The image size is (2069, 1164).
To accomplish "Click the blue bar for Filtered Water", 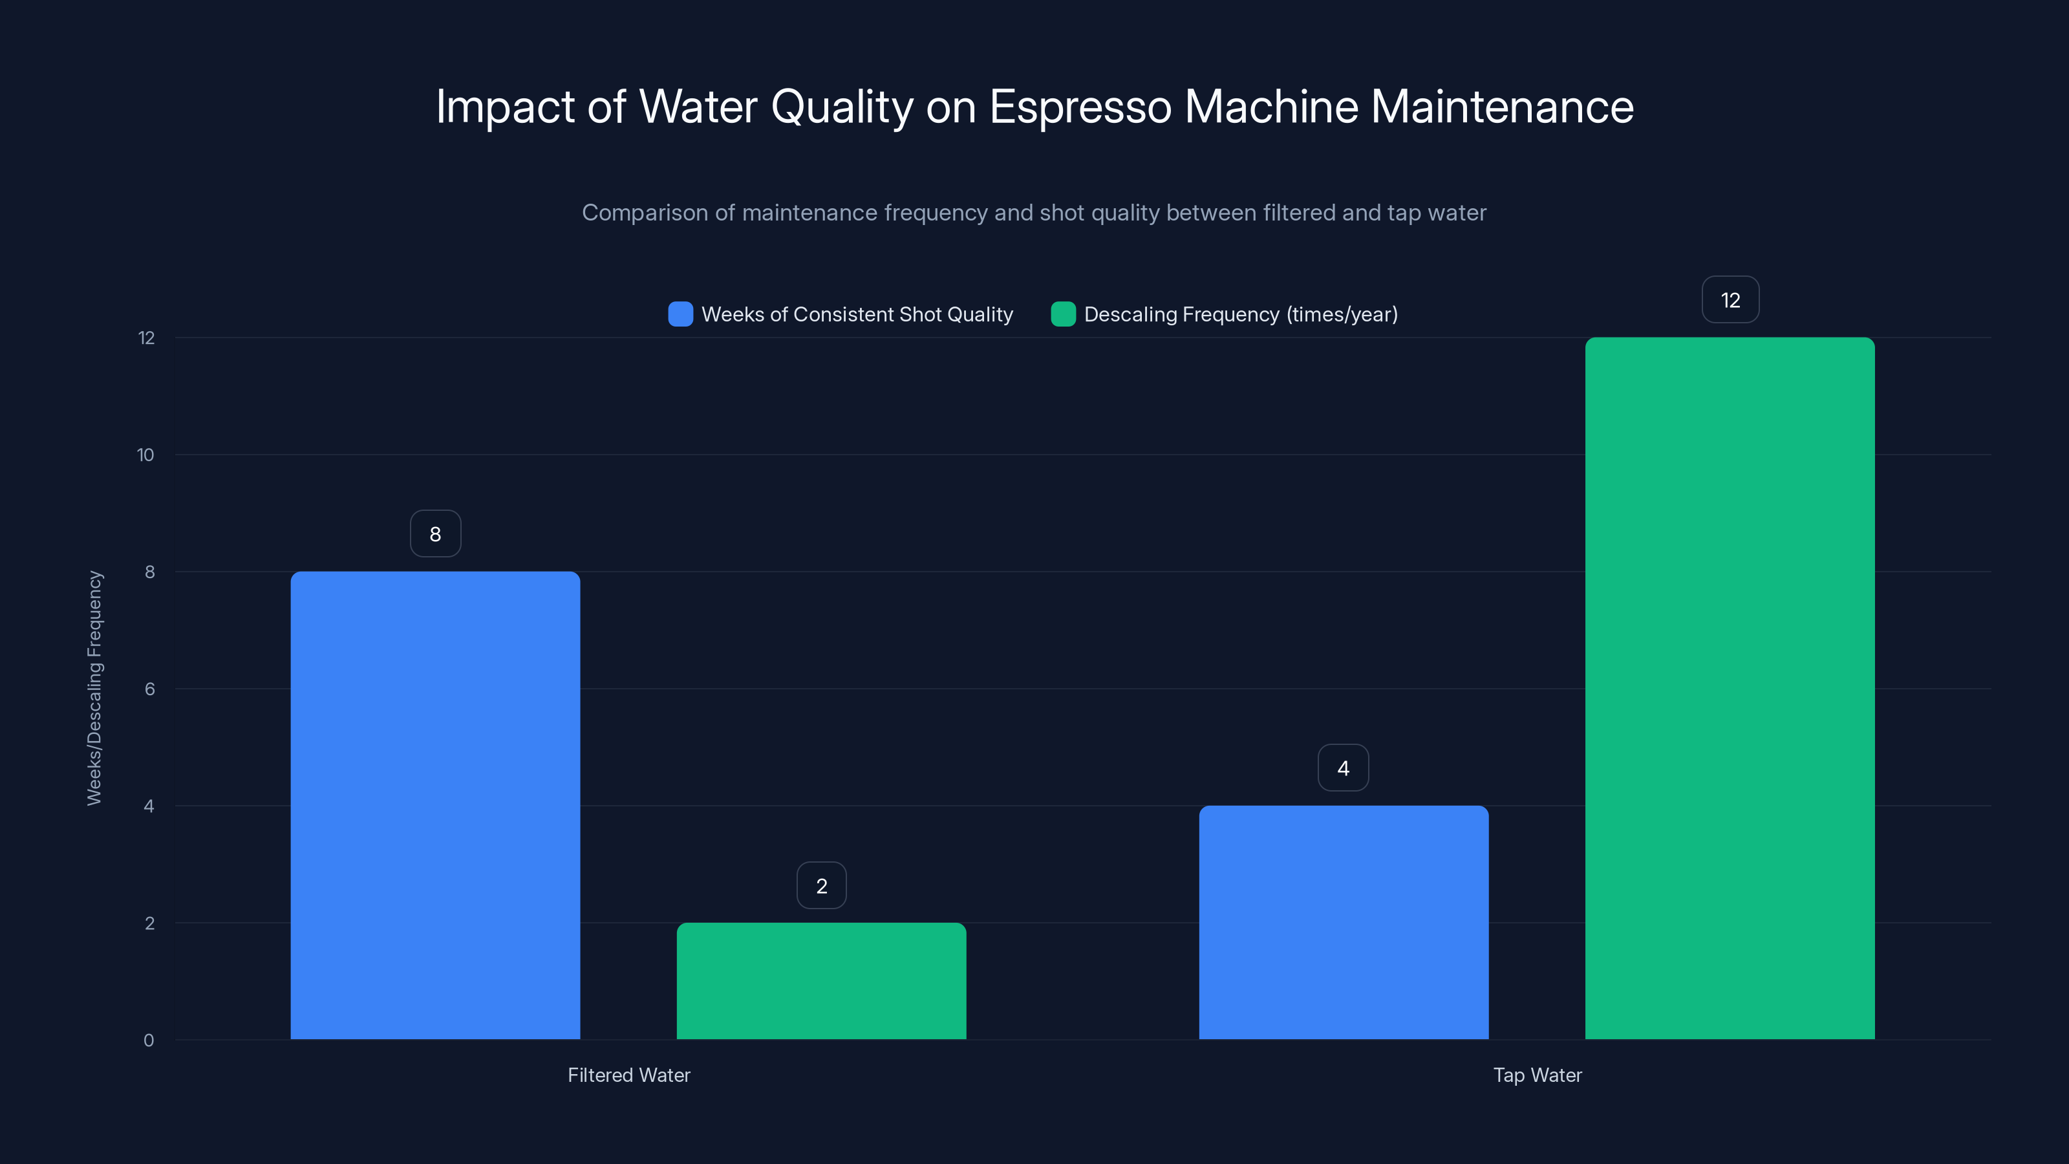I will [x=434, y=805].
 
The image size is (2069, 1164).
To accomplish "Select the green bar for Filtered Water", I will [x=821, y=981].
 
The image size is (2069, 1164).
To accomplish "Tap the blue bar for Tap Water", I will [x=1343, y=922].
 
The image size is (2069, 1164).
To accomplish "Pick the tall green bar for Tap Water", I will [x=1730, y=689].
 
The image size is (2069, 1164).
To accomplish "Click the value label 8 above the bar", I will [x=435, y=534].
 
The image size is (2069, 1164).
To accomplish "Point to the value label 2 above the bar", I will [x=821, y=886].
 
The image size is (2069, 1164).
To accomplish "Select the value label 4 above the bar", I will [x=1343, y=769].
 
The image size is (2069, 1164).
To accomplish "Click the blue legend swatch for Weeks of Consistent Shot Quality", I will [x=680, y=314].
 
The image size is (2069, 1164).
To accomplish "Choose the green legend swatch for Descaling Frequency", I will [x=1062, y=314].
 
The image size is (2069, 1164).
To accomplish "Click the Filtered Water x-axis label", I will [x=629, y=1075].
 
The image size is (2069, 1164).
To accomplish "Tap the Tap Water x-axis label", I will [x=1536, y=1075].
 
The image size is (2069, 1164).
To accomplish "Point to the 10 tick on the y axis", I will [x=145, y=455].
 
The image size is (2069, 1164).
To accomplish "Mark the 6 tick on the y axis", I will [x=149, y=689].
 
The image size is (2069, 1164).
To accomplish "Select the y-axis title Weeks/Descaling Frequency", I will [x=95, y=687].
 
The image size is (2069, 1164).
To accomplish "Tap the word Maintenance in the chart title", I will [x=1501, y=107].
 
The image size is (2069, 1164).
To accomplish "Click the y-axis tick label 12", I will [x=146, y=338].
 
